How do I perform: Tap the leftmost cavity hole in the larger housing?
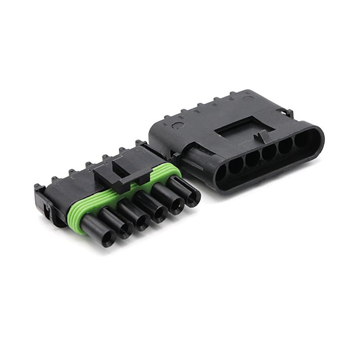click(x=221, y=173)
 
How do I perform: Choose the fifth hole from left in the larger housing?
click(x=285, y=146)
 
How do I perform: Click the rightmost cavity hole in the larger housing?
click(x=301, y=140)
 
